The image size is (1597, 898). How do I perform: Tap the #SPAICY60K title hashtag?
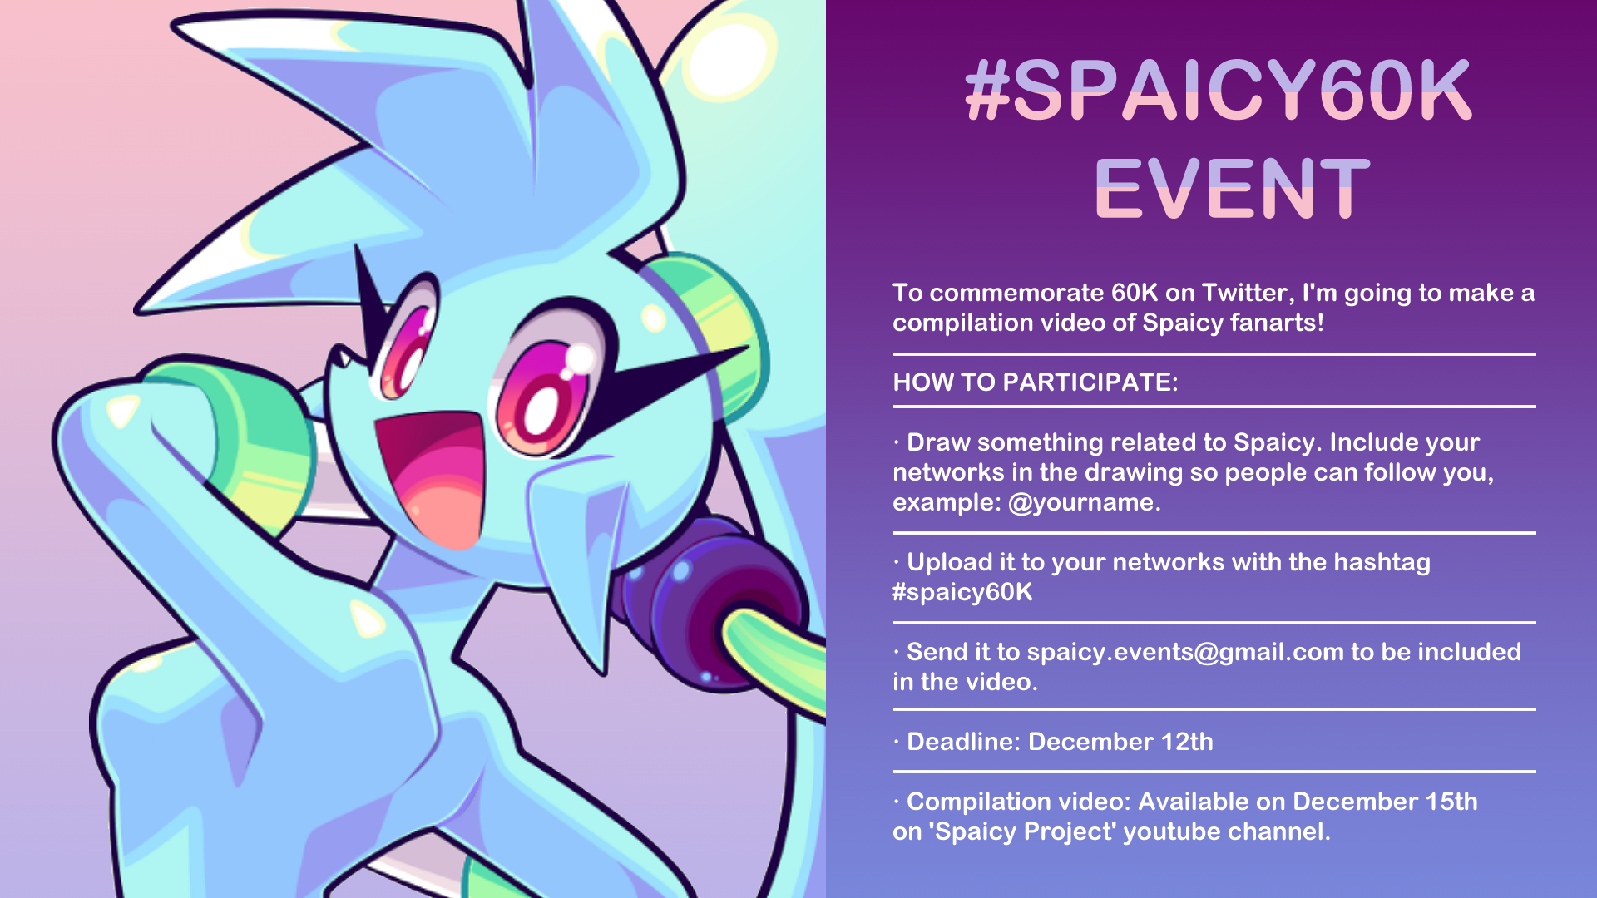click(1219, 89)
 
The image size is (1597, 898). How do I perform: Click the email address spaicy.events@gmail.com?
click(1185, 652)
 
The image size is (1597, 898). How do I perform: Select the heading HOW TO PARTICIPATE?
click(1036, 382)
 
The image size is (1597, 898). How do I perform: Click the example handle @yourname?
click(1084, 502)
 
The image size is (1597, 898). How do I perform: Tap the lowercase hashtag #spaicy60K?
click(962, 592)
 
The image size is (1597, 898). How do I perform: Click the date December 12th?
click(1120, 742)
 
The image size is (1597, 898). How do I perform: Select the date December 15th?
click(1385, 802)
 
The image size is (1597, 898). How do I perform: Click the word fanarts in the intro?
click(1277, 323)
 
